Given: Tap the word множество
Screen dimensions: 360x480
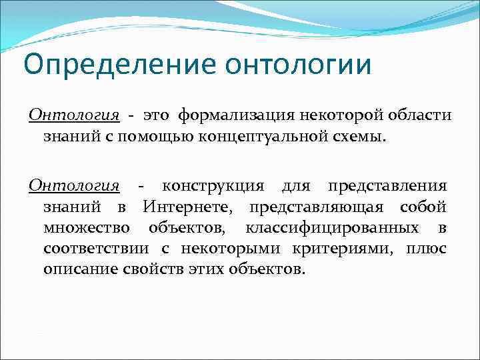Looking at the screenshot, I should coord(86,228).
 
